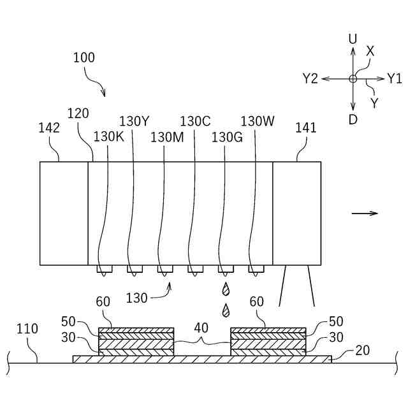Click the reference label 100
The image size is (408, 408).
pyautogui.click(x=84, y=58)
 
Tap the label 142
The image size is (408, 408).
pyautogui.click(x=49, y=128)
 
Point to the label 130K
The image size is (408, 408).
pyautogui.click(x=109, y=136)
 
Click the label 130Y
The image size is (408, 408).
pyautogui.click(x=134, y=121)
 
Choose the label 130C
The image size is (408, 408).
pyautogui.click(x=195, y=121)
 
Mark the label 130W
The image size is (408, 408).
pyautogui.click(x=258, y=121)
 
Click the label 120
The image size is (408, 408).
pyautogui.click(x=78, y=114)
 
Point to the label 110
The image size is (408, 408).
pyautogui.click(x=27, y=329)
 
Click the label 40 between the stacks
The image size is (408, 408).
pyautogui.click(x=201, y=329)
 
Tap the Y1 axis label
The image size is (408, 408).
pyautogui.click(x=394, y=78)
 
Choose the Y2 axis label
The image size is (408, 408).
pyautogui.click(x=310, y=78)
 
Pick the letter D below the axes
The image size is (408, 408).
pyautogui.click(x=353, y=119)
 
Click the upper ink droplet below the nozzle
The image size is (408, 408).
pyautogui.click(x=225, y=289)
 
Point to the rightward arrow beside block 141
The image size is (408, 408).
pyautogui.click(x=365, y=214)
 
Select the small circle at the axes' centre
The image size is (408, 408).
pyautogui.click(x=353, y=78)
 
